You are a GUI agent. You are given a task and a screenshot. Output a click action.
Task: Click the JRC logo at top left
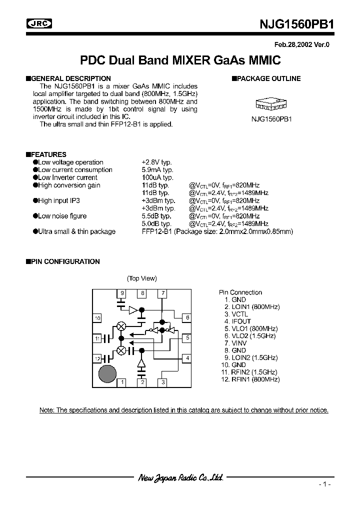pos(40,24)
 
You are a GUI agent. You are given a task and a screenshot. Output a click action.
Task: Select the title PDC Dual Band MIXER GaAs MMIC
pos(180,60)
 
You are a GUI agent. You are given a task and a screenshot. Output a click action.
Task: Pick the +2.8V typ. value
pos(157,162)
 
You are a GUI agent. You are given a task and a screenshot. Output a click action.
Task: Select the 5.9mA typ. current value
pos(157,170)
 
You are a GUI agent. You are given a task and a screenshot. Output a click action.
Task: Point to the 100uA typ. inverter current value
pos(158,177)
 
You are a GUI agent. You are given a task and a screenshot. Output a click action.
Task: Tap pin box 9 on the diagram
pos(121,293)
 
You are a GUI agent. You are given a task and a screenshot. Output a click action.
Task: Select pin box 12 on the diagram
pos(97,358)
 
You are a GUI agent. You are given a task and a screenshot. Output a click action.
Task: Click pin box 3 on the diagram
pos(162,383)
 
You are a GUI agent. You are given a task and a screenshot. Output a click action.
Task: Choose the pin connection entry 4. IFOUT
pos(237,321)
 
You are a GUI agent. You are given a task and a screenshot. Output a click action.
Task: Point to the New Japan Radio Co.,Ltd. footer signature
pos(180,478)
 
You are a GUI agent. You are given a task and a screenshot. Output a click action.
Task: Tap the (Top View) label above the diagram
pos(142,278)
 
